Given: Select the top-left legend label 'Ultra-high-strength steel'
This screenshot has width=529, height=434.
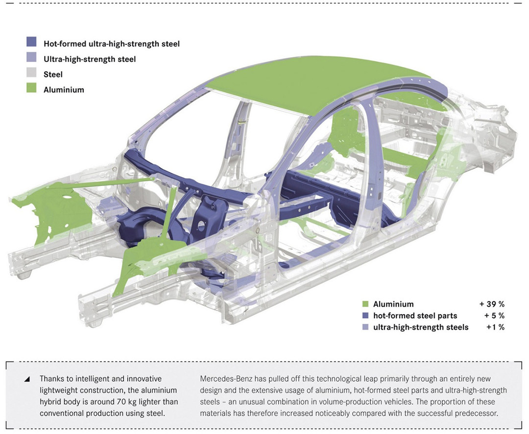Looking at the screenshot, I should point(90,59).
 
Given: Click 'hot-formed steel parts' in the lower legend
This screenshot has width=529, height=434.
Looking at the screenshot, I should point(415,316).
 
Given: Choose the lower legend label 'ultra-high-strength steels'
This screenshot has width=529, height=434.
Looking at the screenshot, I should point(421,327).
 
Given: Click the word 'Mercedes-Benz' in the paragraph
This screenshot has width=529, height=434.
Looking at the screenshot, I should point(223,379).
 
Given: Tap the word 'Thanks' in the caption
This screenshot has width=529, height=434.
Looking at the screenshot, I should point(52,379).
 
